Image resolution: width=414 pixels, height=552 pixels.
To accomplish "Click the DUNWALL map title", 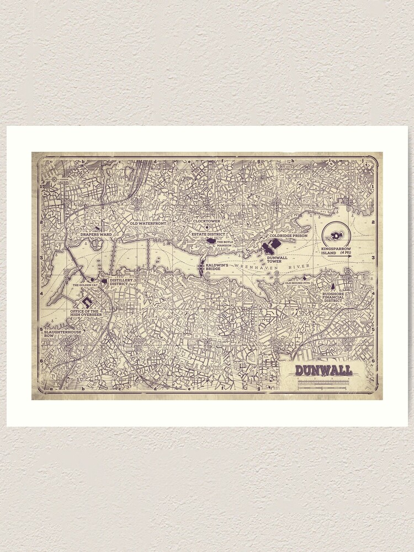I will coord(323,370).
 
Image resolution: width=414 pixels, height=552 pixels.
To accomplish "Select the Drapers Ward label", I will coord(96,235).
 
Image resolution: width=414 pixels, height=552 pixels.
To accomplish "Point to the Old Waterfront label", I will coord(148,224).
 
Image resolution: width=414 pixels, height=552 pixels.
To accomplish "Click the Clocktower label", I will coord(206,221).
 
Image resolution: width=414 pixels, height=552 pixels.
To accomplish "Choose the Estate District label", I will coord(205,234).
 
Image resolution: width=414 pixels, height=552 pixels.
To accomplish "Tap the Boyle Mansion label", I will coord(224,243).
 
